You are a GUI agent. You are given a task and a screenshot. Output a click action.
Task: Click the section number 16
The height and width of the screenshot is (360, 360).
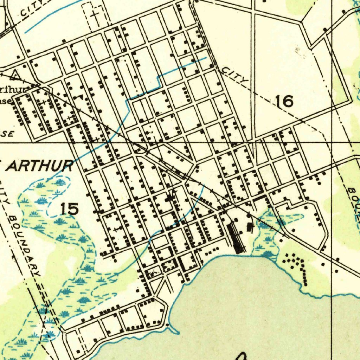point(284,102)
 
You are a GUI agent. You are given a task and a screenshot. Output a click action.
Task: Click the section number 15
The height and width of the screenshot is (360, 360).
point(69,209)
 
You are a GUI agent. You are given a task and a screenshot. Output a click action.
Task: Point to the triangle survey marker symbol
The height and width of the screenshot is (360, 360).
point(14,75)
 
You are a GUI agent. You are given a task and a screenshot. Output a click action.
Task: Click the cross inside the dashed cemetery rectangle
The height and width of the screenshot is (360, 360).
point(95,15)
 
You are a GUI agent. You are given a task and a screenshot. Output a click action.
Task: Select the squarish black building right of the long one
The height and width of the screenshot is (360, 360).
point(250,227)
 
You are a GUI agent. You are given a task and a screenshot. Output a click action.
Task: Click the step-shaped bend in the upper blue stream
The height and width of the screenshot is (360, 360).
point(159,80)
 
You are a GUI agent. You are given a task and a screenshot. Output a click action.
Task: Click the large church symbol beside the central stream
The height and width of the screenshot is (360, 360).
point(171,198)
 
